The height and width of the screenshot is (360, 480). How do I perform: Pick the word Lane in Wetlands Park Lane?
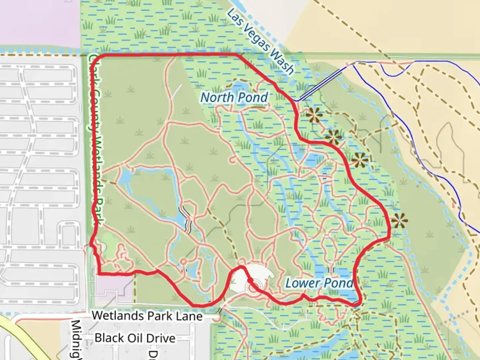[x=189, y=316]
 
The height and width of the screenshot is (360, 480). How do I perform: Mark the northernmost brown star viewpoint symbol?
[x=315, y=115]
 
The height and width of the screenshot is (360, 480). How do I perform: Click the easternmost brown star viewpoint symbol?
[x=399, y=221]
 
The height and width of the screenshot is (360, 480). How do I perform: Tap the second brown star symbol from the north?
[x=334, y=137]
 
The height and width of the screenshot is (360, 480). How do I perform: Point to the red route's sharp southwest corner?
[x=99, y=274]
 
